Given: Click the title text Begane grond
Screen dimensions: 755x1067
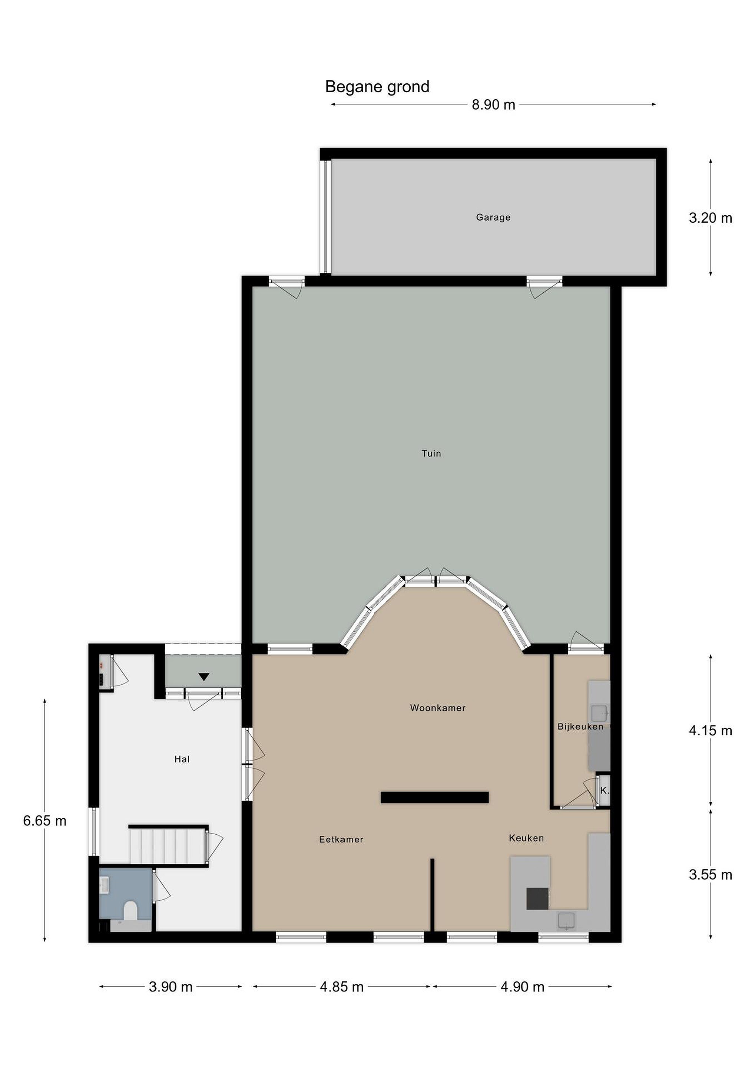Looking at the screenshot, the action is [x=377, y=87].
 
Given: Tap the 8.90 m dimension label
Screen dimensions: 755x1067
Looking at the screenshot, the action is [x=493, y=105].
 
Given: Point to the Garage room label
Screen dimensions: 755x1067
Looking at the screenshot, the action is [x=493, y=217].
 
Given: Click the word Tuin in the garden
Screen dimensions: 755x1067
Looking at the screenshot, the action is [x=431, y=453].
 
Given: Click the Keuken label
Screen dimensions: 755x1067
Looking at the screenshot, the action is [x=526, y=838].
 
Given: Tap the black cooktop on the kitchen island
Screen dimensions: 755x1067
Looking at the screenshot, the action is [x=537, y=898].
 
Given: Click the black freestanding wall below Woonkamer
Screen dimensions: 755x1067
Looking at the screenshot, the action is [x=435, y=797].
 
